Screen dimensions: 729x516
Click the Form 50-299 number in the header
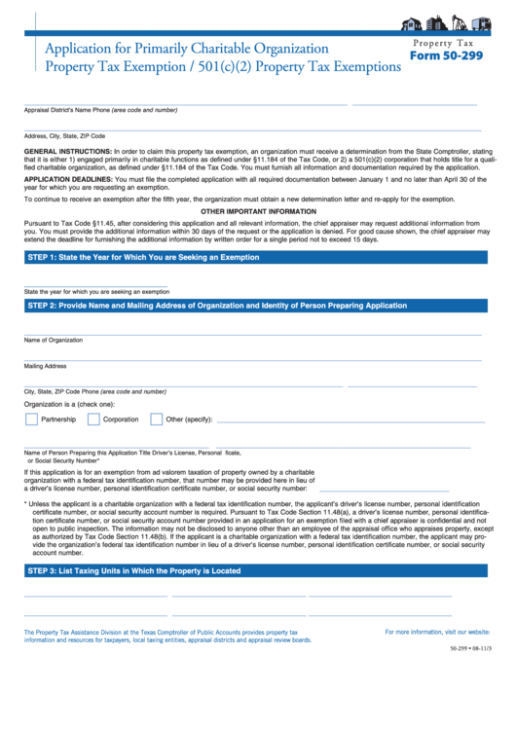pyautogui.click(x=446, y=55)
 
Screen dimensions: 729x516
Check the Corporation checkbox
pyautogui.click(x=93, y=419)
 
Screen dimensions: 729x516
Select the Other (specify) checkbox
pyautogui.click(x=156, y=419)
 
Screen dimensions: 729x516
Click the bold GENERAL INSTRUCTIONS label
pyautogui.click(x=67, y=153)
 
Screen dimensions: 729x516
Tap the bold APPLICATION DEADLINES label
pyautogui.click(x=68, y=180)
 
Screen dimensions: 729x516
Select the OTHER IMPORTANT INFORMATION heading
pyautogui.click(x=258, y=211)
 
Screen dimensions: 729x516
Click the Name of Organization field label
pyautogui.click(x=54, y=340)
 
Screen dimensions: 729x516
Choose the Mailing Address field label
pyautogui.click(x=45, y=366)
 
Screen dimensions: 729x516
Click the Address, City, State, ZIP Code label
pyautogui.click(x=64, y=136)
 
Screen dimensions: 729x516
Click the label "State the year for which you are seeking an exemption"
pyautogui.click(x=96, y=291)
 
